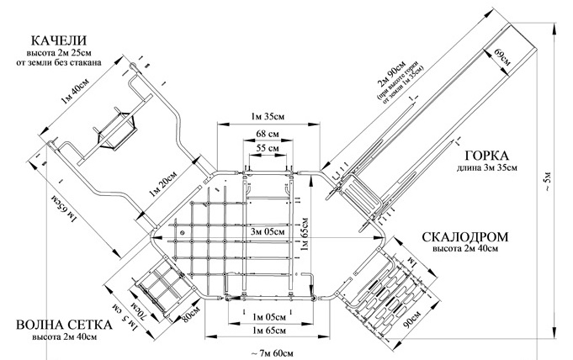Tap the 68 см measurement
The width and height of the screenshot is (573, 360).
point(268,134)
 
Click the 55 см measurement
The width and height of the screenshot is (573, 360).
point(268,148)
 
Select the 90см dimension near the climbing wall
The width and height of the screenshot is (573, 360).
point(412,323)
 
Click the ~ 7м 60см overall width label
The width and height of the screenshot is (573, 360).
point(272,351)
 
